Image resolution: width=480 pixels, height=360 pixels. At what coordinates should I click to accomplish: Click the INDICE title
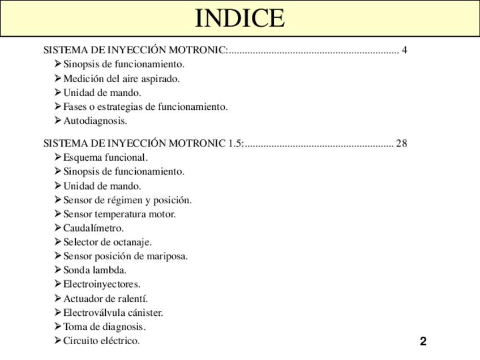tap(239, 18)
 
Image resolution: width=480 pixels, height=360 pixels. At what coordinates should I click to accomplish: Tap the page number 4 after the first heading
tap(404, 50)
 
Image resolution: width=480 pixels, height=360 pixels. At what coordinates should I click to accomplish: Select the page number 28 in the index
tap(401, 143)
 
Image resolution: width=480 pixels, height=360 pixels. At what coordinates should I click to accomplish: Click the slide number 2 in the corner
tap(423, 341)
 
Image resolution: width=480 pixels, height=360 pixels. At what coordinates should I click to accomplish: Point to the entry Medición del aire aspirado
tap(121, 79)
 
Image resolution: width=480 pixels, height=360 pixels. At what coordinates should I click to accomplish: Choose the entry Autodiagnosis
tap(95, 121)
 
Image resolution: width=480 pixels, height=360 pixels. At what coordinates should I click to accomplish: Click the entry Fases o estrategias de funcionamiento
tap(145, 106)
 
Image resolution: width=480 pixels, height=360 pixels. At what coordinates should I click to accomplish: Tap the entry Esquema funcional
tap(105, 157)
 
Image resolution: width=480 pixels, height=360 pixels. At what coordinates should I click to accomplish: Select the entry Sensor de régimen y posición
tap(127, 200)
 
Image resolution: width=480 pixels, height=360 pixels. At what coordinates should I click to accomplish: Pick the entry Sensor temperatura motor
tap(119, 214)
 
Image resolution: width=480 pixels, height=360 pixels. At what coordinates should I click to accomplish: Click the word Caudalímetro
tap(93, 228)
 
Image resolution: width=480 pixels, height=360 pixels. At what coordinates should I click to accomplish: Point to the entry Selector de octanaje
tap(108, 242)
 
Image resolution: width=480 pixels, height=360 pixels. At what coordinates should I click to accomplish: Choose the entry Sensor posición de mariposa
tap(125, 256)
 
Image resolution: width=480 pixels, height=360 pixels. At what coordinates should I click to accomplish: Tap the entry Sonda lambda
tap(95, 270)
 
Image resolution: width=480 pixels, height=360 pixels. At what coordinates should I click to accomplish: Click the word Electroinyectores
tap(102, 284)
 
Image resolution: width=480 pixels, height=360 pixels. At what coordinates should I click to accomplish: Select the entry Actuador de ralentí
tap(105, 298)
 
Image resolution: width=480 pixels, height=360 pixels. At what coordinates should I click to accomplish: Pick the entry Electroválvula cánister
tap(113, 312)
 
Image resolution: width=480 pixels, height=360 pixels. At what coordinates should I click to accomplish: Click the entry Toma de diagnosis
tap(104, 327)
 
